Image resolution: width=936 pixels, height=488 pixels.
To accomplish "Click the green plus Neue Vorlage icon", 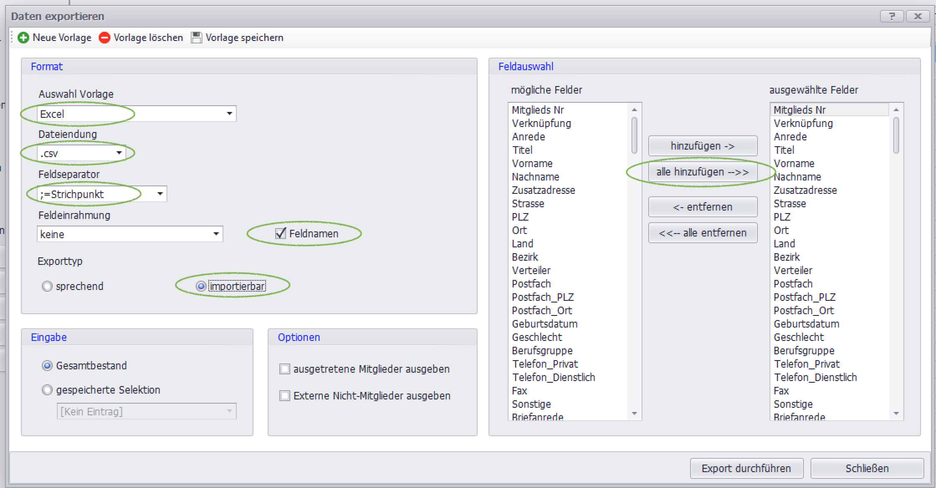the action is tap(23, 38).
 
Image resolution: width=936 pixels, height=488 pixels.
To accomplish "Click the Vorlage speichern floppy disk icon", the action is tap(196, 38).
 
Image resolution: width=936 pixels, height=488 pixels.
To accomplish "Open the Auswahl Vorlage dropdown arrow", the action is tap(229, 114).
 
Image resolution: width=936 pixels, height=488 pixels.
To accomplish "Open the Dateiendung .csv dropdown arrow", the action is tap(119, 153).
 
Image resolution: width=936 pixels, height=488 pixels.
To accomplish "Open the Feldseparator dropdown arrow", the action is tap(160, 194).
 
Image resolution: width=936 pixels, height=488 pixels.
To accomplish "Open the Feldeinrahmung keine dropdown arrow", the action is tap(216, 234).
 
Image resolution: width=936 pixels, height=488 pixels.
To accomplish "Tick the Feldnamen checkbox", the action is tap(281, 233).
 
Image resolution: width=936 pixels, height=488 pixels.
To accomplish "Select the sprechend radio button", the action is tap(47, 286).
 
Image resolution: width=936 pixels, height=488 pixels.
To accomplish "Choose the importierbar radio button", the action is tap(201, 286).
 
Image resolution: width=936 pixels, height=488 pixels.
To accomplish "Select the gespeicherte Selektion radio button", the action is tap(47, 390).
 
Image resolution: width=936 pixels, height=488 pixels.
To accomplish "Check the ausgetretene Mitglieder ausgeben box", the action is tap(285, 369).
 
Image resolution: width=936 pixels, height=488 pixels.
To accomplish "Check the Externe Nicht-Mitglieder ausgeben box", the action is tap(285, 396).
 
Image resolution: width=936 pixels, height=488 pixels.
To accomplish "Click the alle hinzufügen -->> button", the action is tap(703, 172).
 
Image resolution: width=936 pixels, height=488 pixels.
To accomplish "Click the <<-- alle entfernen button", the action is tap(703, 233).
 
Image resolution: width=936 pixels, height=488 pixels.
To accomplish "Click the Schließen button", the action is tap(867, 468).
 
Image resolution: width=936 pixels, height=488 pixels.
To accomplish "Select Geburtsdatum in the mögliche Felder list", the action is tap(545, 324).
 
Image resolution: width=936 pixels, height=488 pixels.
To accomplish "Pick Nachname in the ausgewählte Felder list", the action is tap(797, 177).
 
